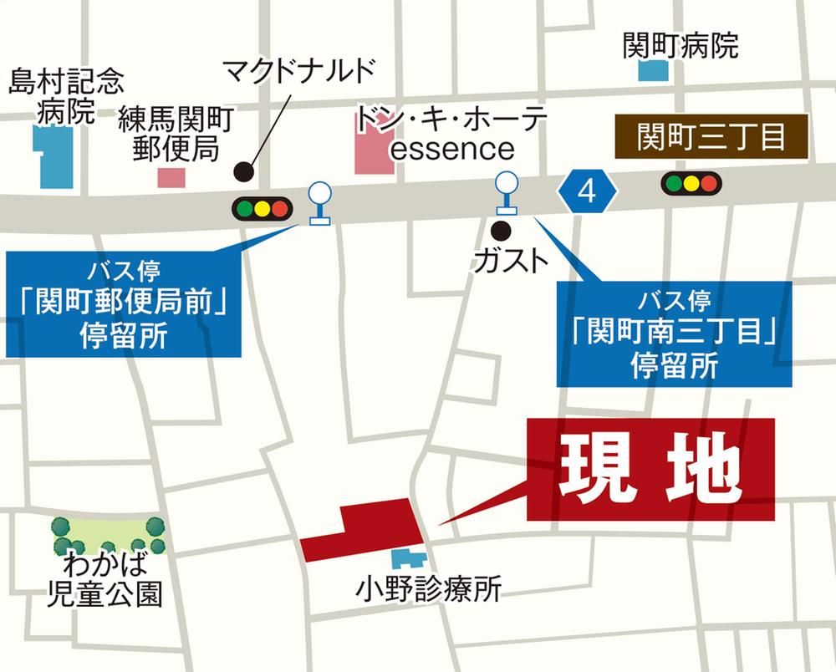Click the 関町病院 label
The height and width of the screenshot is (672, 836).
point(680,45)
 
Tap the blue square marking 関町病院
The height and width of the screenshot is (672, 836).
point(654,70)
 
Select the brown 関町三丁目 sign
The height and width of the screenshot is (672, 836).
point(711,137)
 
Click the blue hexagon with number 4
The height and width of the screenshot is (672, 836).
point(587,192)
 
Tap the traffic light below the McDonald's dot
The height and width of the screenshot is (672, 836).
point(263,207)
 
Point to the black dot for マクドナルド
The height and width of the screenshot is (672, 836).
point(243,171)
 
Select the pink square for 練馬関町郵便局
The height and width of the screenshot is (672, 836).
point(171,177)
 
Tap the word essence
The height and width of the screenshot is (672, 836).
point(452,149)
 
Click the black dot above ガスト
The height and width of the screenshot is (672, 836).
point(501,228)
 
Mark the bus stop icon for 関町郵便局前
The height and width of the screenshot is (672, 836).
point(319,203)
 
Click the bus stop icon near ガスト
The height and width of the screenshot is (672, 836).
point(506,192)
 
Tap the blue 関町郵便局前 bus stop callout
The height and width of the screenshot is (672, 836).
point(123,303)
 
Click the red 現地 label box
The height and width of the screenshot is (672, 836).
point(651,470)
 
